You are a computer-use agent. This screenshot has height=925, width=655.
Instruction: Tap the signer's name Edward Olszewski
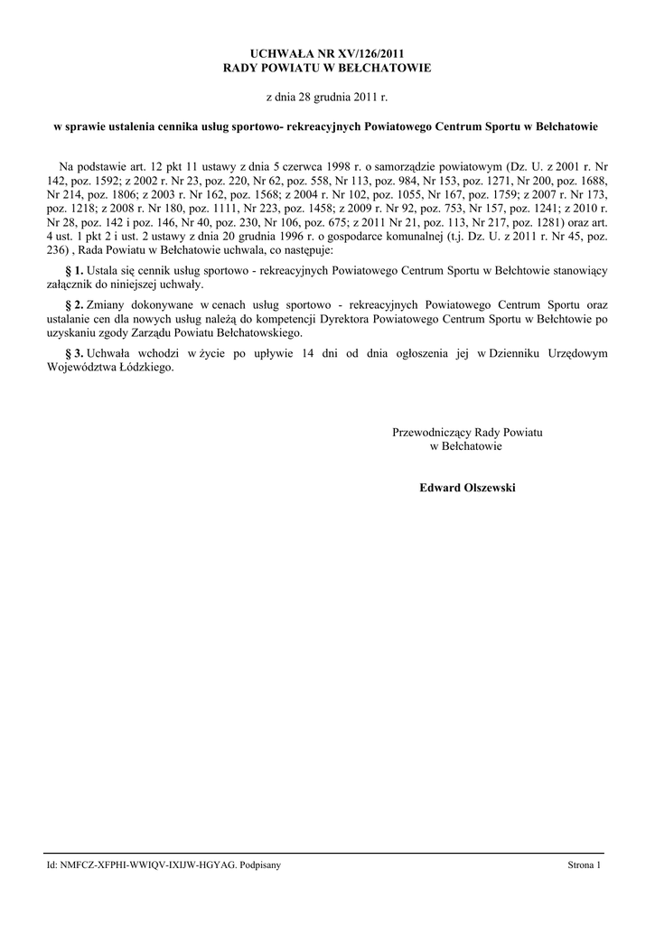(467, 487)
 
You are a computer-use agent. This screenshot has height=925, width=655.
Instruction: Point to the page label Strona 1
(584, 865)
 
